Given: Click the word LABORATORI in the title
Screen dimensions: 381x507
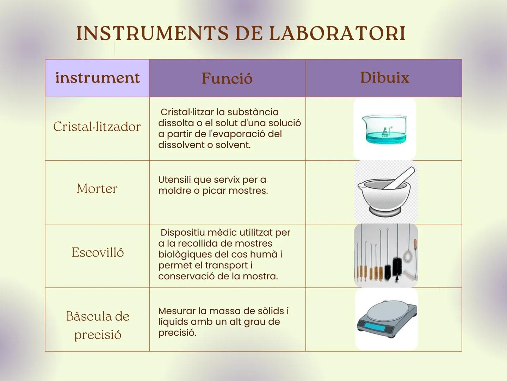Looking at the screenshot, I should [337, 34].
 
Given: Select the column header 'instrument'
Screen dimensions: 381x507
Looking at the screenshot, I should [97, 78].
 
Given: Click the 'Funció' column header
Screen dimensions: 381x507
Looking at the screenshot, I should [227, 78].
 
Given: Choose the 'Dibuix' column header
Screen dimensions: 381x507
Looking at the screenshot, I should [384, 78].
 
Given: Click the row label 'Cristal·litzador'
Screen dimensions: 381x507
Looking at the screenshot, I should [97, 127].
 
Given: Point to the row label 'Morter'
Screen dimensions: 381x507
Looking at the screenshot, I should [97, 189].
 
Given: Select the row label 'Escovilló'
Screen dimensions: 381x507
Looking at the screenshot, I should [98, 252].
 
